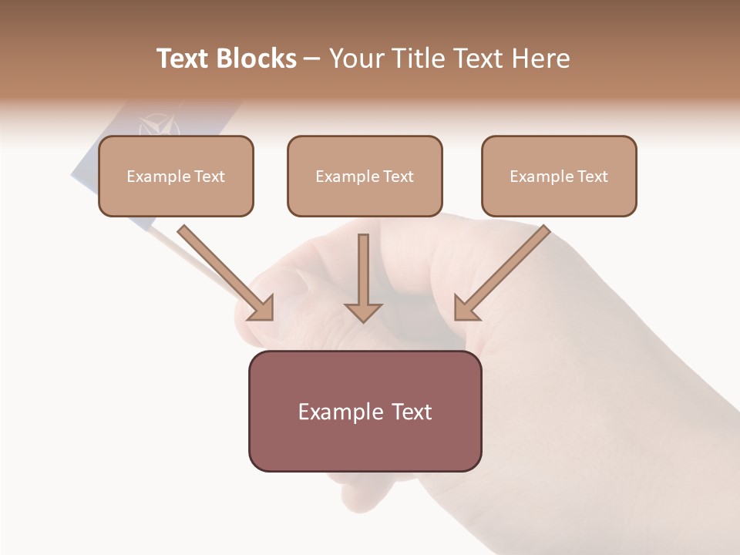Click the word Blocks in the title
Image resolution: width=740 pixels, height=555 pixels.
[257, 59]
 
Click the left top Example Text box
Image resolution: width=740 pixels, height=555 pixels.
[176, 176]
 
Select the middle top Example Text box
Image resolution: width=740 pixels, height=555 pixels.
[365, 176]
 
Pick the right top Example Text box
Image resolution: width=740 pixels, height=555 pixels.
[559, 176]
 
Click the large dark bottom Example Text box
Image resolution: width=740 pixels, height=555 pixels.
[365, 411]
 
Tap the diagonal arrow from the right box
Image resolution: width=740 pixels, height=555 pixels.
[501, 273]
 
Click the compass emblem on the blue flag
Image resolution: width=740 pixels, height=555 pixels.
[159, 126]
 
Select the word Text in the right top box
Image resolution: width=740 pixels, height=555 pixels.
[593, 177]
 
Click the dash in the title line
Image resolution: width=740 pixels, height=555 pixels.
[312, 59]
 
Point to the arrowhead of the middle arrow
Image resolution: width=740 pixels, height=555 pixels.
[363, 311]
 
